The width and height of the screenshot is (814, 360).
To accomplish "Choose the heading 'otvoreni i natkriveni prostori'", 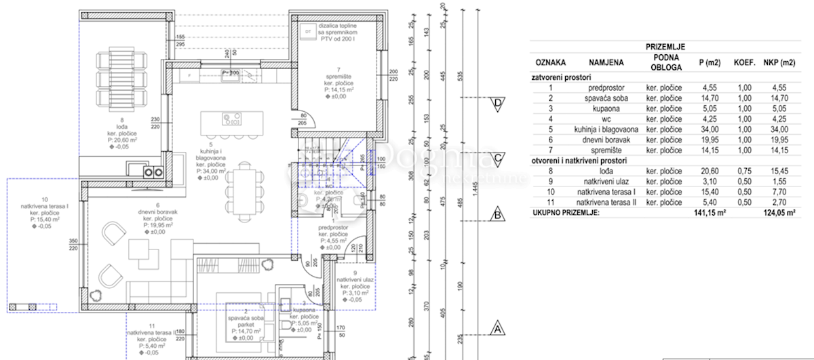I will tap(580, 161).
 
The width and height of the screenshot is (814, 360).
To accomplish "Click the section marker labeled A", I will tap(498, 329).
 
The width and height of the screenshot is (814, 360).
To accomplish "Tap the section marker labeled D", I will tap(498, 104).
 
